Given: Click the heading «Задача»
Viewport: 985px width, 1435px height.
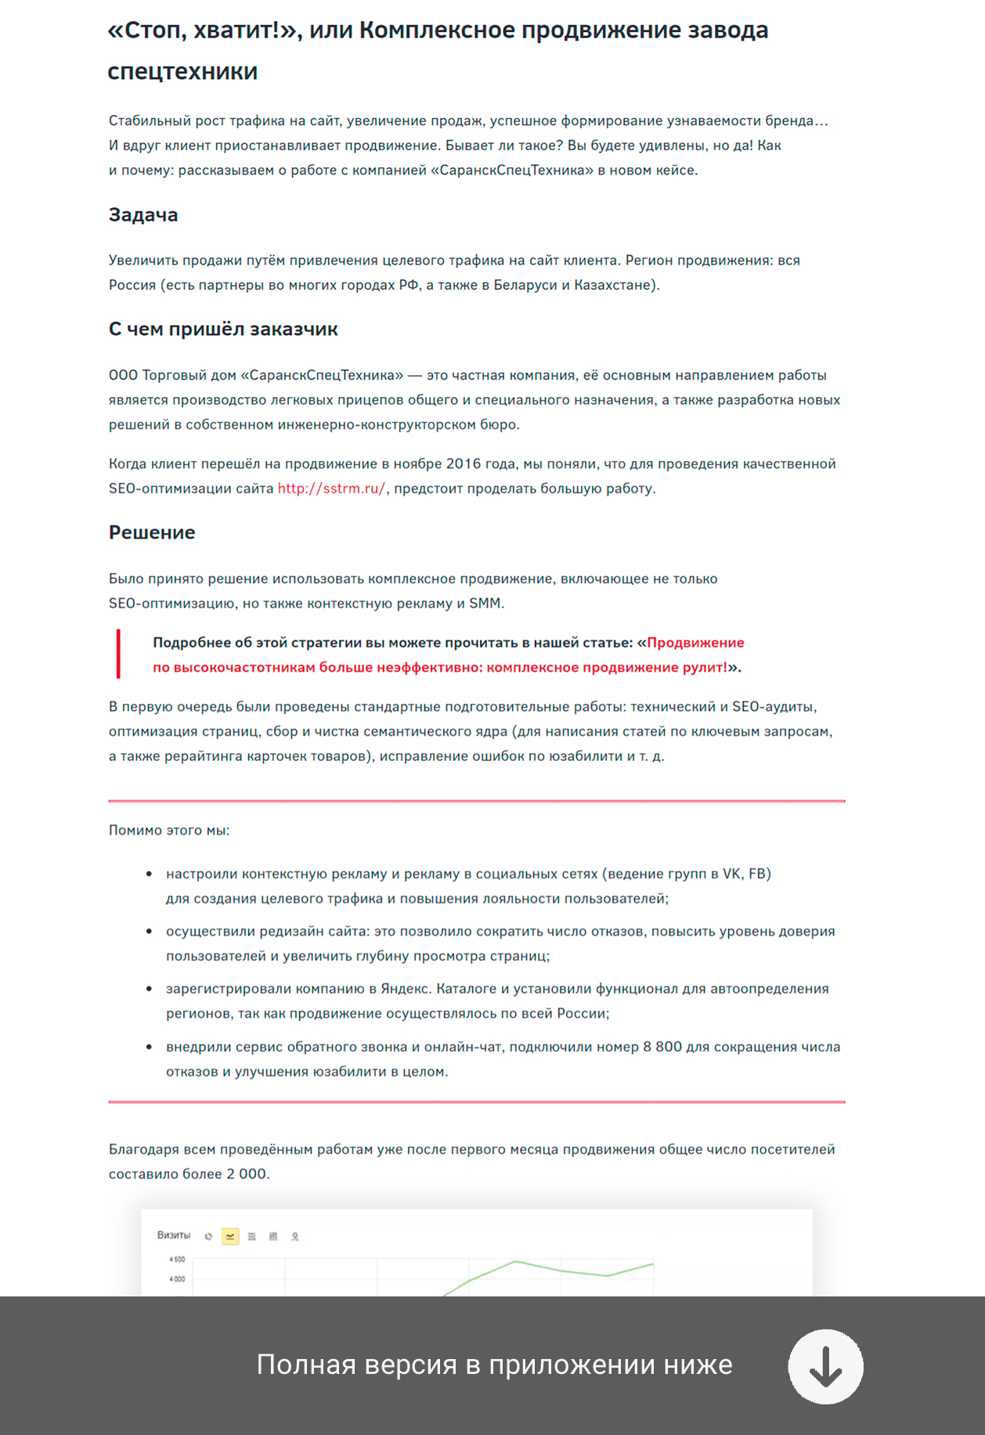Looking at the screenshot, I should (x=143, y=215).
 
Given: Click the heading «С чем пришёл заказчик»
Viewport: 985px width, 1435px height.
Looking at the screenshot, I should (x=223, y=330).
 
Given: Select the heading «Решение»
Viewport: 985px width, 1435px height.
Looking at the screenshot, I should (x=152, y=532).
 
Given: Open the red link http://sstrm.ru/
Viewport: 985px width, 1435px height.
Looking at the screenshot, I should (x=331, y=489).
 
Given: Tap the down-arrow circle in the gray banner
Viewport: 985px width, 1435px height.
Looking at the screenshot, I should (x=825, y=1366).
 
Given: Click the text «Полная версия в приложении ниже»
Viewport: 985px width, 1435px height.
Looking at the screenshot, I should (x=494, y=1365).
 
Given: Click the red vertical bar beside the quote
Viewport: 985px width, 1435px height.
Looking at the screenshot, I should (x=118, y=654).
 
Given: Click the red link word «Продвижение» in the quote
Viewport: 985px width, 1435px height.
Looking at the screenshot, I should (x=695, y=643).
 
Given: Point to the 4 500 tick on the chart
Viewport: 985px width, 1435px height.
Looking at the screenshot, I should (x=177, y=1260).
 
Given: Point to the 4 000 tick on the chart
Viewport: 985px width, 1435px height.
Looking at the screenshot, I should (x=177, y=1279).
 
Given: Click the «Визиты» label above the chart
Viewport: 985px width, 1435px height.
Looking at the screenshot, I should (x=174, y=1235).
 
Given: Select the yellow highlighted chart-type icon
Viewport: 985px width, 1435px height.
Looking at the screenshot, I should (x=230, y=1236).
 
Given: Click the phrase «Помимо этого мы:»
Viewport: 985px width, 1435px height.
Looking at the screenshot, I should (x=169, y=831).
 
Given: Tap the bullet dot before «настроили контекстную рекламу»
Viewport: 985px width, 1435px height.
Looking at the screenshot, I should (x=149, y=874).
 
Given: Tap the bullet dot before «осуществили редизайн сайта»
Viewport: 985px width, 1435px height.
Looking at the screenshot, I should (x=149, y=932).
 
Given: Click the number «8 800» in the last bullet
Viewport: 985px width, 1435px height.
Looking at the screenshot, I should (x=662, y=1047).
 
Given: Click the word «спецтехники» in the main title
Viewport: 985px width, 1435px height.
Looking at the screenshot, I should (x=182, y=72).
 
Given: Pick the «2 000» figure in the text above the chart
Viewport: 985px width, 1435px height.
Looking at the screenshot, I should (x=247, y=1174).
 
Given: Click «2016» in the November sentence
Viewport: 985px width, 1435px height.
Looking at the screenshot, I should (x=464, y=464).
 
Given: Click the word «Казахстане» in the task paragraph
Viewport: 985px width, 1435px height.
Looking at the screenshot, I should (x=615, y=285).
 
